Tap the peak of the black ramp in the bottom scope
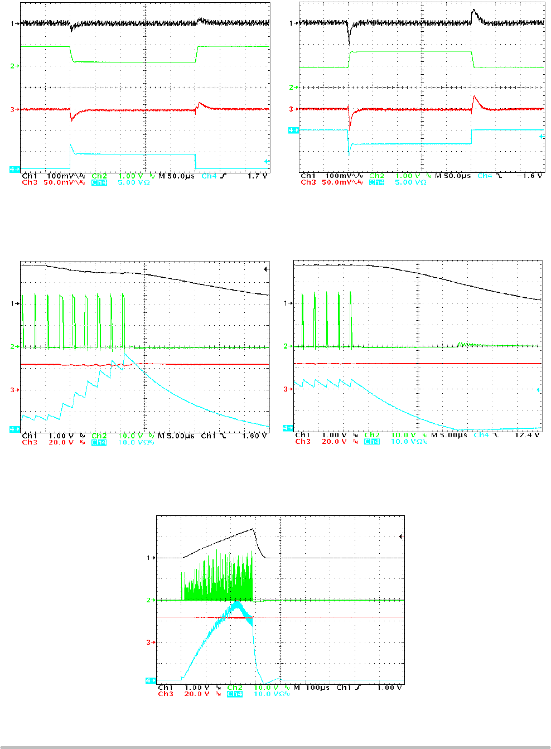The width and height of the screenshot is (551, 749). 253,529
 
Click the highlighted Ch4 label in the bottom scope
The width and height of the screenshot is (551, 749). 235,694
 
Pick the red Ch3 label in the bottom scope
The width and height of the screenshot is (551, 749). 166,694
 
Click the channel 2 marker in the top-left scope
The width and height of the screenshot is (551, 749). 13,66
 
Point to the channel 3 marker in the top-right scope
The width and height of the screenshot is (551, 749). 292,109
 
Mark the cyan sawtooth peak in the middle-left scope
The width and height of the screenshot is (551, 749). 124,354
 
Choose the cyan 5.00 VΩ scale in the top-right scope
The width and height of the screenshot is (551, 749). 410,183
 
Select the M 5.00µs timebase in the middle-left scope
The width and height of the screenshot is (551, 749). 176,436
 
